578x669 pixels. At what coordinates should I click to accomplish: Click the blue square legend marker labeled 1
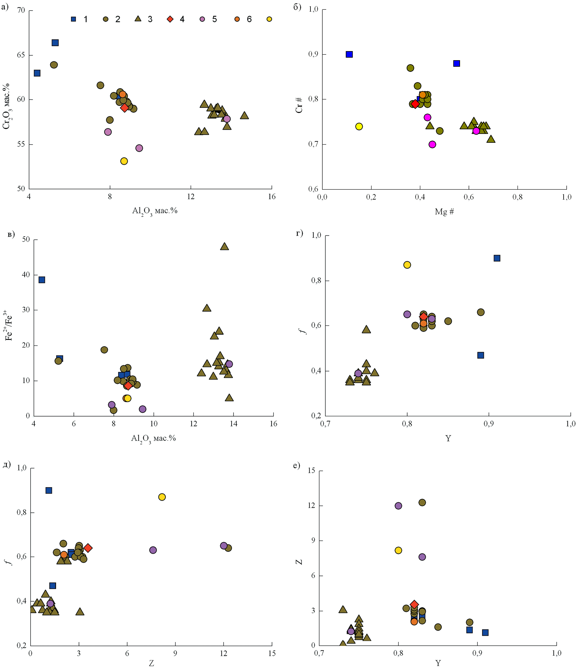pyautogui.click(x=74, y=19)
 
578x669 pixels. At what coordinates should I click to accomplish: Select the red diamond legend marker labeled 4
pyautogui.click(x=170, y=19)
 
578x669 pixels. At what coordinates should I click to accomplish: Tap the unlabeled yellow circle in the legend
pyautogui.click(x=269, y=19)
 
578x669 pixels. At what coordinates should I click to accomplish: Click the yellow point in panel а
pyautogui.click(x=124, y=161)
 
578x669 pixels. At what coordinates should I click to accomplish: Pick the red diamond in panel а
pyautogui.click(x=125, y=108)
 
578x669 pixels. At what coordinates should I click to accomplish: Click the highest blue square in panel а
pyautogui.click(x=55, y=43)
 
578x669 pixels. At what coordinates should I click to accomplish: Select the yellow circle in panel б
pyautogui.click(x=359, y=127)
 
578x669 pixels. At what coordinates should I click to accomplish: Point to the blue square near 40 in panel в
pyautogui.click(x=42, y=280)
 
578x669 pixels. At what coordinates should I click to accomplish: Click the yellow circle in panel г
pyautogui.click(x=407, y=265)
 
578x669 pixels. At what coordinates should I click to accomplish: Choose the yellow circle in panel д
pyautogui.click(x=162, y=497)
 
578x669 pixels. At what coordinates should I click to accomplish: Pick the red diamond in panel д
pyautogui.click(x=88, y=548)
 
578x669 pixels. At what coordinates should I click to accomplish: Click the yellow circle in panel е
pyautogui.click(x=398, y=550)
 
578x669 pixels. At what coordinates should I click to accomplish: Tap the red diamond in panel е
pyautogui.click(x=414, y=604)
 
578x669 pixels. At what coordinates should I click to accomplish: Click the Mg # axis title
pyautogui.click(x=444, y=212)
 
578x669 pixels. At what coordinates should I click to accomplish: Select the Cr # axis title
pyautogui.click(x=299, y=105)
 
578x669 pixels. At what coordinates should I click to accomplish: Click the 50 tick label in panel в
pyautogui.click(x=26, y=240)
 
